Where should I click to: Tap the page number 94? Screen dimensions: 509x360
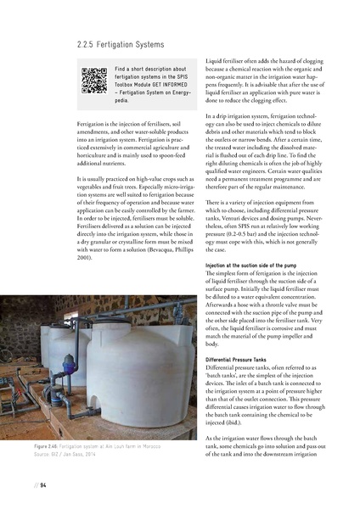[41, 486]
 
